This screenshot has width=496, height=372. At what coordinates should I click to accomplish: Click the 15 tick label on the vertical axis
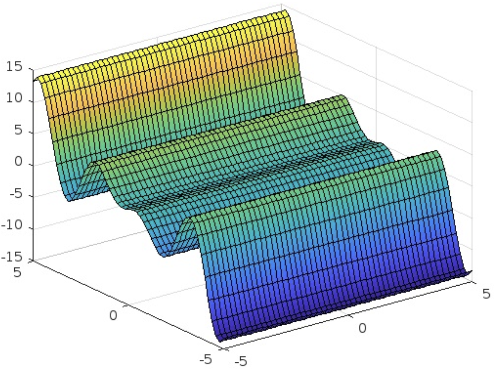[x=14, y=67]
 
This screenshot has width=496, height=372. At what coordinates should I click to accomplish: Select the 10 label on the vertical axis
[x=14, y=99]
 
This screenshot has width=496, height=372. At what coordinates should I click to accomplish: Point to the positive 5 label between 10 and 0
[x=18, y=130]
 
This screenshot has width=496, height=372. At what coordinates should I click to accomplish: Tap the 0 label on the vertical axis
[x=18, y=162]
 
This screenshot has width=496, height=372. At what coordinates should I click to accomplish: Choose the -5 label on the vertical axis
[x=16, y=193]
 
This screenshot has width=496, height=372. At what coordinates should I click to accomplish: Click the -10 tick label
[x=12, y=225]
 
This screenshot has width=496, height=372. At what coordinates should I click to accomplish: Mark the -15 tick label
[x=12, y=257]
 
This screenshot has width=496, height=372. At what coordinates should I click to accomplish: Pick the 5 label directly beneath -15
[x=17, y=272]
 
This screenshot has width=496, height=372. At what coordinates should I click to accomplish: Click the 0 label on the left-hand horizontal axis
[x=113, y=315]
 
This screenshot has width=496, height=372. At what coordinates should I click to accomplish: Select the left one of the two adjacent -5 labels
[x=206, y=359]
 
